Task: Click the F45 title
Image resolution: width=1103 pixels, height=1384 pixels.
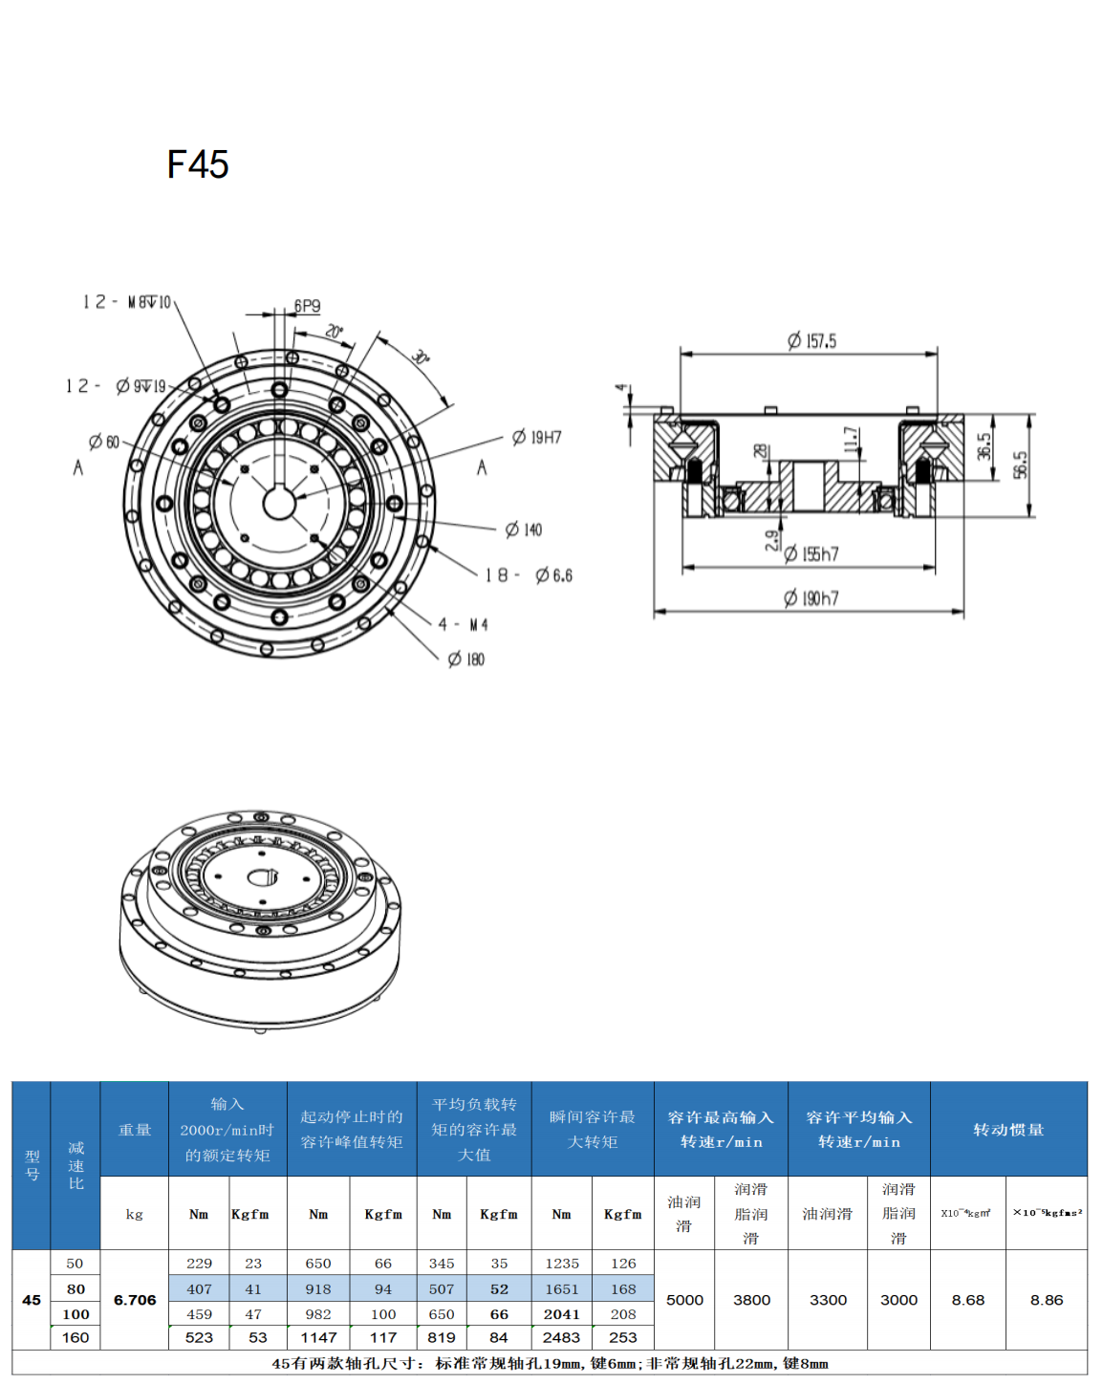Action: tap(198, 164)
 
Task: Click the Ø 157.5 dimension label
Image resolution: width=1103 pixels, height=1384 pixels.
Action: tap(811, 341)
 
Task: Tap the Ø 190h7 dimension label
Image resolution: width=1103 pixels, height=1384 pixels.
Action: tap(811, 598)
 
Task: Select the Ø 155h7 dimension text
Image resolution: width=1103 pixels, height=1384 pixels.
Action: tap(811, 553)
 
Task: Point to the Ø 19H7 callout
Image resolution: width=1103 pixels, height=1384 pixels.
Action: tap(537, 438)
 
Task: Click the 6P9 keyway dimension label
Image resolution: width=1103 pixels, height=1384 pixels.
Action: tap(307, 306)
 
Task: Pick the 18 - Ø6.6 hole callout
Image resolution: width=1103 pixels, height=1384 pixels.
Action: tap(529, 575)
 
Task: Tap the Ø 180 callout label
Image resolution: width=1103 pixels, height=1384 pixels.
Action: tap(466, 660)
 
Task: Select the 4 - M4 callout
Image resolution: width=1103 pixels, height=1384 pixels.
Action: tap(464, 624)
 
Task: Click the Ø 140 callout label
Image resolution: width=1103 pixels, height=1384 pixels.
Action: tap(524, 530)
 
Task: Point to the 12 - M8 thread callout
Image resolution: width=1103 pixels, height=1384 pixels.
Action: tap(127, 302)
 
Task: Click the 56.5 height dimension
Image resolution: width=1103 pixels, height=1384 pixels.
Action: tap(1020, 465)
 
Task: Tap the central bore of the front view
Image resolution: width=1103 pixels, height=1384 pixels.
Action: tap(279, 503)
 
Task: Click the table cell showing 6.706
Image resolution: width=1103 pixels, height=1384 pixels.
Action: tap(135, 1300)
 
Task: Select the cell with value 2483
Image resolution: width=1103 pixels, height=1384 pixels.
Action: tap(561, 1337)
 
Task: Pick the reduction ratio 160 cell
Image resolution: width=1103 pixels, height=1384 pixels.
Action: tap(76, 1337)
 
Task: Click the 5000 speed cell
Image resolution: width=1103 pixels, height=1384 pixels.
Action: tap(684, 1300)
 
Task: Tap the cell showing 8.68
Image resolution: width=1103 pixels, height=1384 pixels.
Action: tap(967, 1300)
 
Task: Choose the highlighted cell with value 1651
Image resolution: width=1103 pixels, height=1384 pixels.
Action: tap(561, 1288)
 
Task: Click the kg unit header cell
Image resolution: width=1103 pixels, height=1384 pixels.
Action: tap(135, 1214)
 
